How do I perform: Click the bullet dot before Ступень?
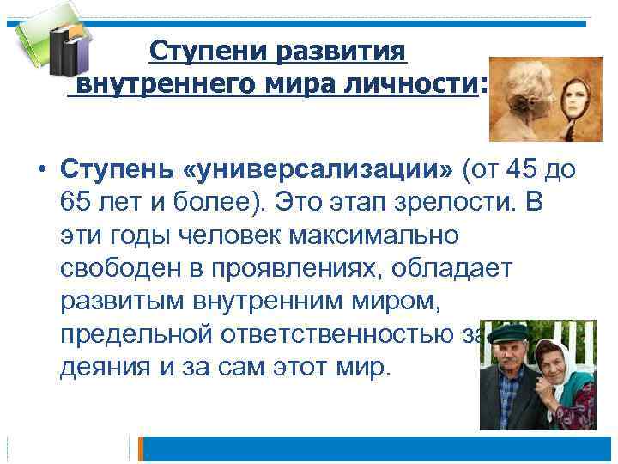pyautogui.click(x=40, y=171)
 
